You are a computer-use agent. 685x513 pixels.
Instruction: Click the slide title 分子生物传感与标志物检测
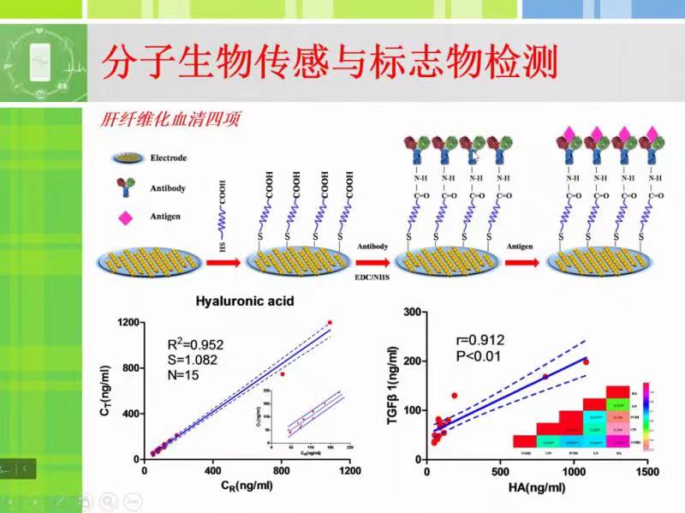[x=330, y=62]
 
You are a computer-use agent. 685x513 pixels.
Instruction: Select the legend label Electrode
[x=168, y=158]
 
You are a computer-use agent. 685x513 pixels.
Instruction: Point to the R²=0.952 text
[x=195, y=345]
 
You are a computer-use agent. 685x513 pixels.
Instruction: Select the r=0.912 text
[x=481, y=339]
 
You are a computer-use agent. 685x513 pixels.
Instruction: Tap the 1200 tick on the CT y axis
[x=129, y=322]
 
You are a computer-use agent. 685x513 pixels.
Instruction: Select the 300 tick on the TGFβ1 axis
[x=411, y=313]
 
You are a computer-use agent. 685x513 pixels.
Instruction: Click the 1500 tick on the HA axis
[x=647, y=471]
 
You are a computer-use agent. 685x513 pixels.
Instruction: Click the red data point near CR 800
[x=282, y=374]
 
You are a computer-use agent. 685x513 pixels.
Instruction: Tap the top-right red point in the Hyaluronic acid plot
[x=330, y=323]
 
